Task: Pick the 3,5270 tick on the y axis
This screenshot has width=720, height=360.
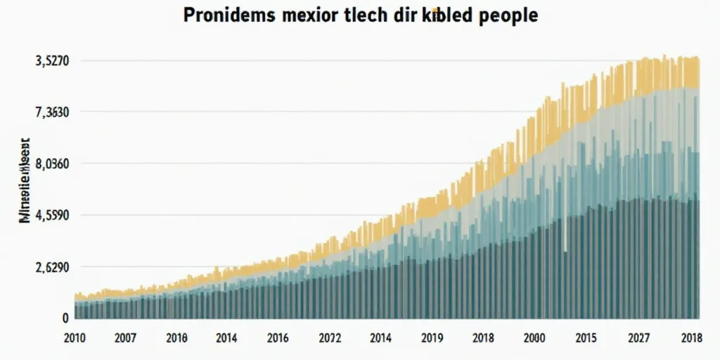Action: point(51,61)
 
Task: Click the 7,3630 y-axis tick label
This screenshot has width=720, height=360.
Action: point(51,112)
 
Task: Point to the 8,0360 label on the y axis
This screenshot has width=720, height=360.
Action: point(51,165)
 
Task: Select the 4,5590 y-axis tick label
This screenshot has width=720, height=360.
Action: point(51,216)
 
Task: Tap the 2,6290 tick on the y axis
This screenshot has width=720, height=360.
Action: point(51,268)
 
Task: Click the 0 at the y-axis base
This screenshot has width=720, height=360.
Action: point(65,318)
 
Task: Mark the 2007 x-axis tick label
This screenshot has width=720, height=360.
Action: point(126,337)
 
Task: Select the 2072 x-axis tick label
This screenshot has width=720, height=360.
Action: point(330,337)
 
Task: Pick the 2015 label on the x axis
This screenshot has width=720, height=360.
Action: point(586,337)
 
